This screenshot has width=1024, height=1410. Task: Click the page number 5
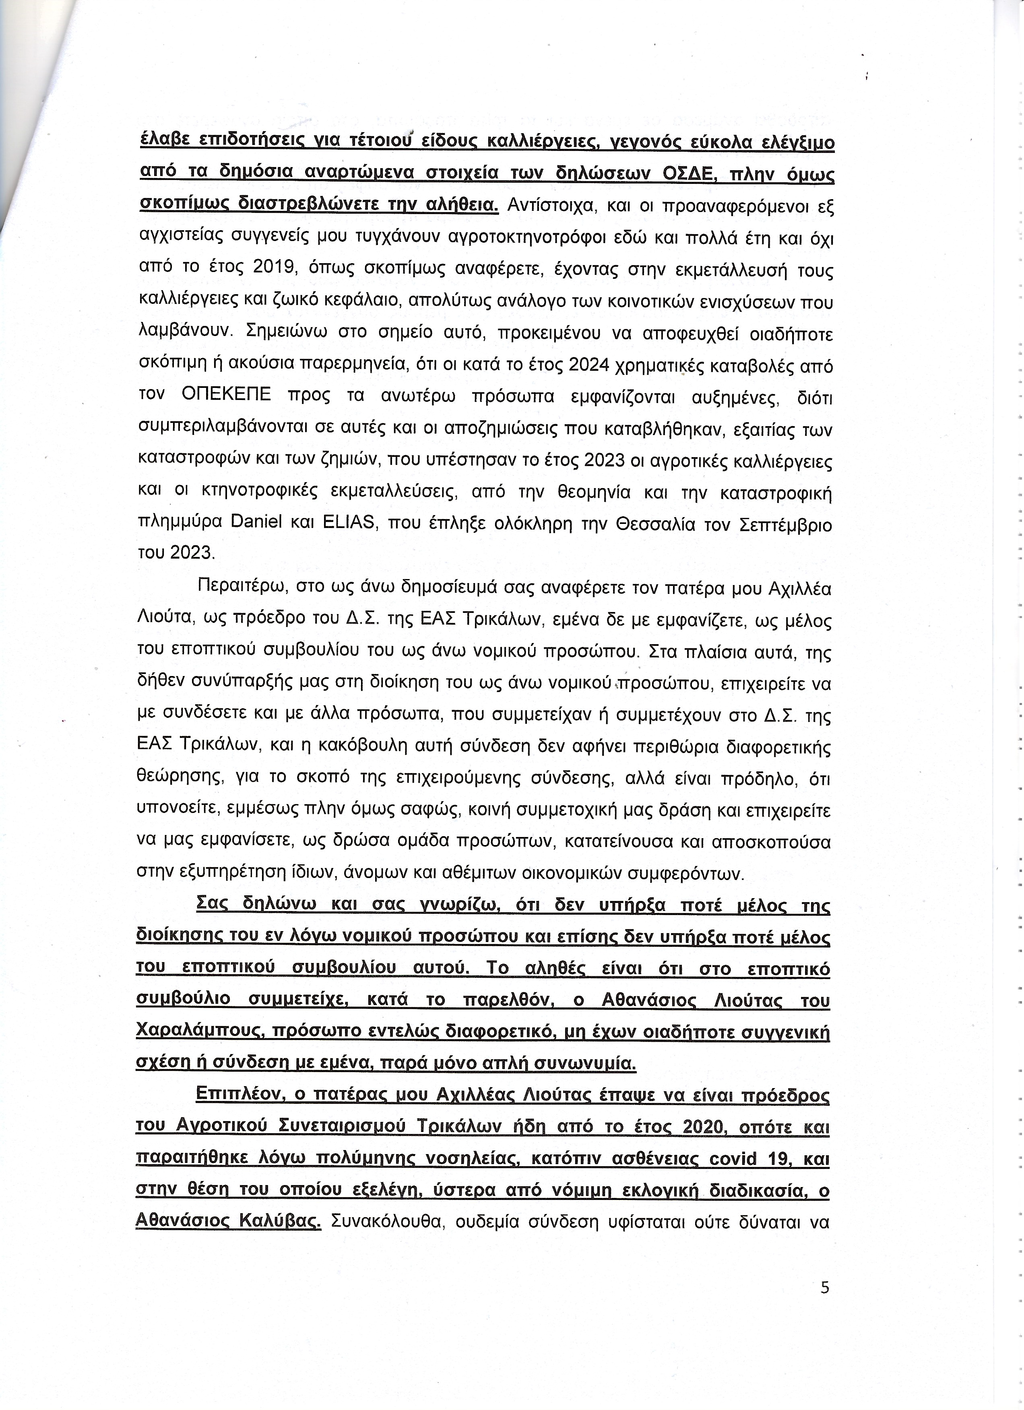point(824,1288)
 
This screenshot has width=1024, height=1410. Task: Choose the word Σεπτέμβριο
point(786,524)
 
